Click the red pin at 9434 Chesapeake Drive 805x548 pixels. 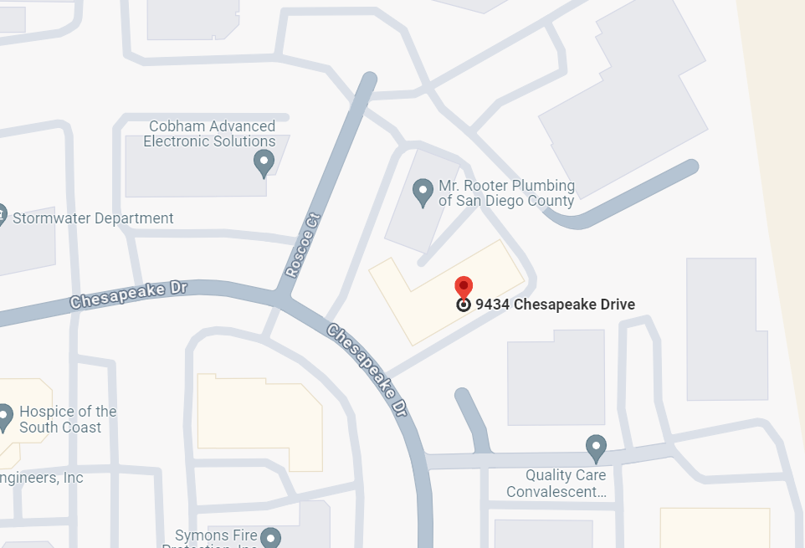(464, 286)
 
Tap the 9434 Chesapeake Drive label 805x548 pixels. (555, 305)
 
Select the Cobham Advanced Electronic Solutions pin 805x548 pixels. (264, 162)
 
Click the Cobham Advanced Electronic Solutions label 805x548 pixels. (209, 134)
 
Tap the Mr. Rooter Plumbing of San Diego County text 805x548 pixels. (506, 193)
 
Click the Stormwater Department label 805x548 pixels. (93, 218)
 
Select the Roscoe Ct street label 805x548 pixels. (303, 243)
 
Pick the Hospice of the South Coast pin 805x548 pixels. (4, 417)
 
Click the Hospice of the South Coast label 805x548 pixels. (68, 419)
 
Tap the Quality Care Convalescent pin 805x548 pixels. (596, 448)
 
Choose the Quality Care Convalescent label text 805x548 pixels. (556, 484)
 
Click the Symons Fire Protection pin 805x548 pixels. (269, 538)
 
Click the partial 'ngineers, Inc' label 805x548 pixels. (42, 479)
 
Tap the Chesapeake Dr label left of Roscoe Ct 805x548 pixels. (128, 294)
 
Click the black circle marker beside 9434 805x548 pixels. (464, 305)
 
